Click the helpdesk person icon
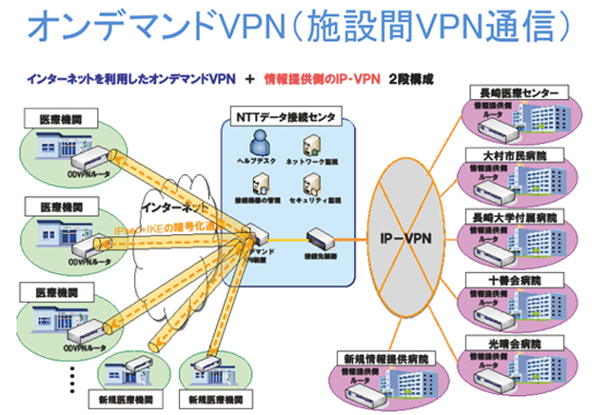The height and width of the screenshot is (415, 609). coord(255,145)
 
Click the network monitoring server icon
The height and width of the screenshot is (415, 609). coord(309,145)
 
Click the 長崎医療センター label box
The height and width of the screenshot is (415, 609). coord(520,92)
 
